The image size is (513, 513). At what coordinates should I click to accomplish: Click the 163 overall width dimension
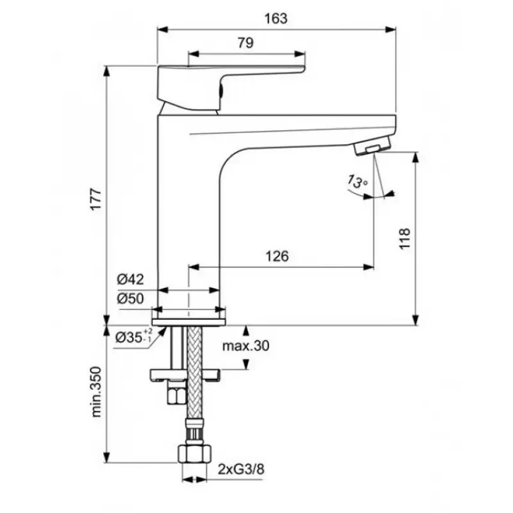[x=276, y=19]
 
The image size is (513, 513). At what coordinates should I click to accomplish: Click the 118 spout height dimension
[x=405, y=239]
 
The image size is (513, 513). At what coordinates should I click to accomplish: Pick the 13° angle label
[x=357, y=181]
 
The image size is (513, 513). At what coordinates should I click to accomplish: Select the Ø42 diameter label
[x=130, y=279]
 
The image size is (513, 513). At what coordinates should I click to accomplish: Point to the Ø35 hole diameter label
[x=133, y=336]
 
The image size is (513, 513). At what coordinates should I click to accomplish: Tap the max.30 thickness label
[x=246, y=346]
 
